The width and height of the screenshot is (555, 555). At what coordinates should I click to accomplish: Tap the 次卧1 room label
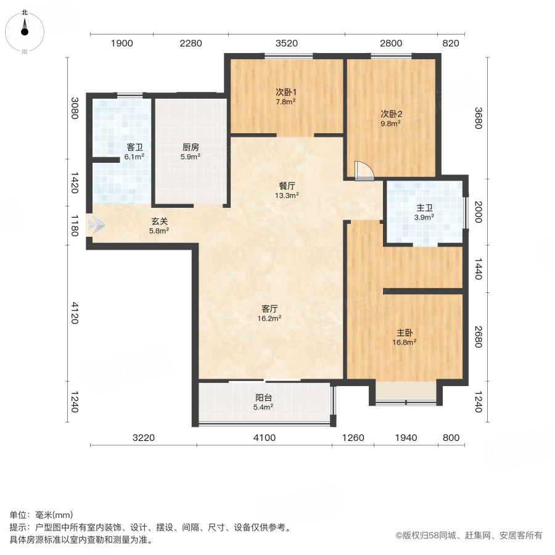(286, 92)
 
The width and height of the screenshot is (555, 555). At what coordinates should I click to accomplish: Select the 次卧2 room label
(391, 114)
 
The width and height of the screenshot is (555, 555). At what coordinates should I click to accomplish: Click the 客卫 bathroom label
(134, 147)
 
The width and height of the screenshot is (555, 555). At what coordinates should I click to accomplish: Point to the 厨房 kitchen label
(191, 147)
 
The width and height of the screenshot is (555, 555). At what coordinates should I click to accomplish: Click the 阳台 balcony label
(264, 398)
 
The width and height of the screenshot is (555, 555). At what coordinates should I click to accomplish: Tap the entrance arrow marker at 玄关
(96, 225)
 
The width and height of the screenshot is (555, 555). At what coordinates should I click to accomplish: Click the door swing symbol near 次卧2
(364, 170)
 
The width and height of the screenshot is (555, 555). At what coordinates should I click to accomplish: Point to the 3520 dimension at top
(287, 43)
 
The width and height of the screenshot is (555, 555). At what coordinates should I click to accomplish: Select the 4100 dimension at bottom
(264, 438)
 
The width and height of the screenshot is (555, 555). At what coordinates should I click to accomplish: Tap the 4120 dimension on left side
(73, 312)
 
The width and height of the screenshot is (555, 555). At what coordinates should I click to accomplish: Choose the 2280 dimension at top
(191, 43)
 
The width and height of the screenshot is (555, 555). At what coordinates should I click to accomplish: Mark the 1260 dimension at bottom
(353, 438)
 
